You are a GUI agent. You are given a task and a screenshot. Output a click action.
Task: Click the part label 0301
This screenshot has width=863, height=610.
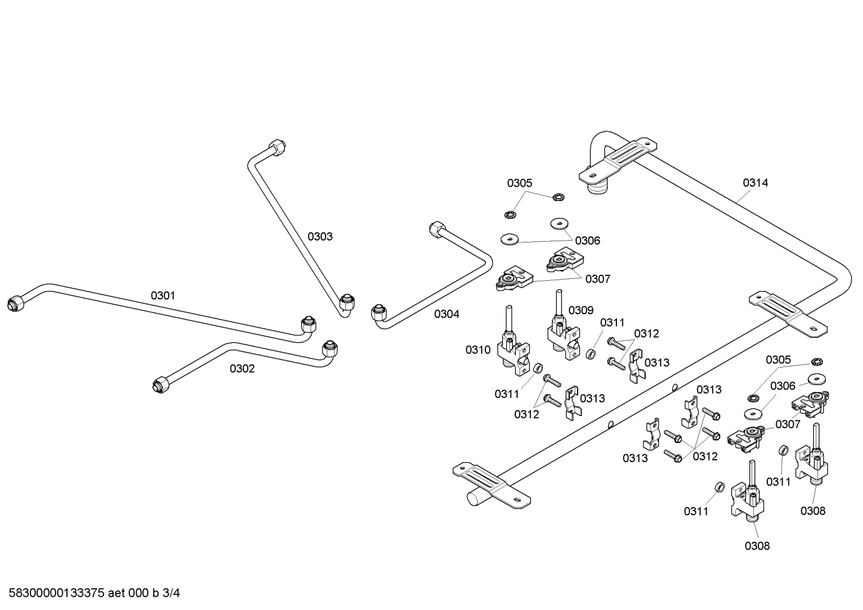(x=163, y=295)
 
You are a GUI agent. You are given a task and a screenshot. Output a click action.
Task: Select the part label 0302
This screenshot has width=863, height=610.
(x=242, y=369)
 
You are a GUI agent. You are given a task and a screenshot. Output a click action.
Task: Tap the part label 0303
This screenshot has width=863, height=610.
(x=320, y=236)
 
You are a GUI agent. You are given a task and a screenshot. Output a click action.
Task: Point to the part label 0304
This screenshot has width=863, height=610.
(x=446, y=314)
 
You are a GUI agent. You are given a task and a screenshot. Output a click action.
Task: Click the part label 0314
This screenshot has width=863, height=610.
(x=755, y=183)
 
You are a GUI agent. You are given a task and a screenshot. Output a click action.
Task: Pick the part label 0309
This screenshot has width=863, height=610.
(x=581, y=310)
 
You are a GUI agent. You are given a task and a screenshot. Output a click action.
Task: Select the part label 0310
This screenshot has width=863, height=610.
(x=478, y=350)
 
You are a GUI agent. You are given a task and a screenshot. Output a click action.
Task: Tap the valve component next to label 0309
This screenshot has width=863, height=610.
(x=562, y=335)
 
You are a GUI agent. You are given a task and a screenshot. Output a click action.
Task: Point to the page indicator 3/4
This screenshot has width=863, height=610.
(x=171, y=593)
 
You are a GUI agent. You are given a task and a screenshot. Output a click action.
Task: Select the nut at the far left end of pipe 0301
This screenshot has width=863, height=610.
(x=15, y=304)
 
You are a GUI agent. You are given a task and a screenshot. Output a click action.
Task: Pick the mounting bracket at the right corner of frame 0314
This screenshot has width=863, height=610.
(x=788, y=311)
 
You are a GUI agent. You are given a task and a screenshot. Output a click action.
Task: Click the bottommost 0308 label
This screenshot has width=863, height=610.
(x=757, y=546)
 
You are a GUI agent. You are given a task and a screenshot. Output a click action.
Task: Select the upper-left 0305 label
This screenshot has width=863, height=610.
(x=519, y=183)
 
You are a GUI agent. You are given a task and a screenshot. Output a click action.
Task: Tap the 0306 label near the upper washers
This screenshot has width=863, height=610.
(x=587, y=241)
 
